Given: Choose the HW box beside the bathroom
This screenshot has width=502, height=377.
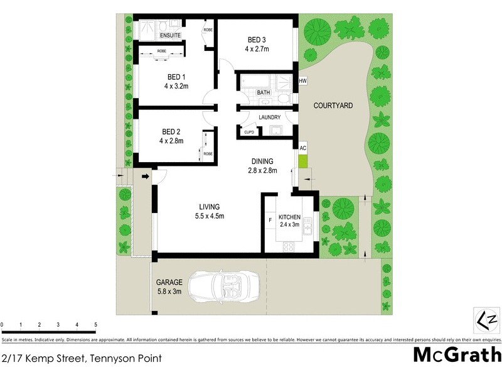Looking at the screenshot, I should (x=302, y=81).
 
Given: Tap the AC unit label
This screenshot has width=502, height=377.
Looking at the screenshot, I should (x=302, y=148).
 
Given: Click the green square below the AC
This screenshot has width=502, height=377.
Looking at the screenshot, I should (x=302, y=161).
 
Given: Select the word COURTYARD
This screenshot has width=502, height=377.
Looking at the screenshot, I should (x=333, y=106).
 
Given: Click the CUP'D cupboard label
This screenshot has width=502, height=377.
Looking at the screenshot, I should (x=248, y=132).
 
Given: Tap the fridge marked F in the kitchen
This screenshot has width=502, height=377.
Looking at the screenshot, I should (x=270, y=219).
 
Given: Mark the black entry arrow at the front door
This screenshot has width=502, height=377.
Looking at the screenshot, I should (x=146, y=177).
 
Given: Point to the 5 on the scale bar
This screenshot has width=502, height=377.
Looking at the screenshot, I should (x=95, y=325).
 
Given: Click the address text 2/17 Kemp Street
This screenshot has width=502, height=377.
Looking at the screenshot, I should (x=82, y=359).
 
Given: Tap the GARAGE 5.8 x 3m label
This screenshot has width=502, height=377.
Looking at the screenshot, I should (x=169, y=287).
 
